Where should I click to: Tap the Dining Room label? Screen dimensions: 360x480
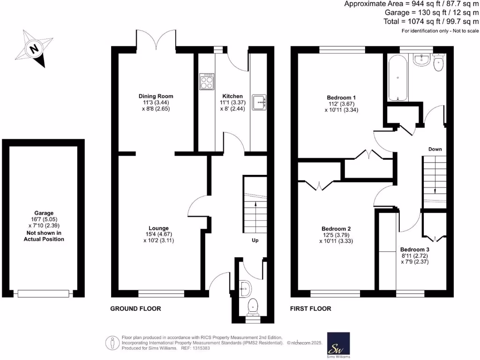point(153,96)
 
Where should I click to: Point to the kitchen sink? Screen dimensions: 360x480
point(259,102)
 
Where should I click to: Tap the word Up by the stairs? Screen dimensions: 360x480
point(255,240)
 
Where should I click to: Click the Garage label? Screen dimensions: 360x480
point(44,213)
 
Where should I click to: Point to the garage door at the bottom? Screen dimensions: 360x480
point(44,293)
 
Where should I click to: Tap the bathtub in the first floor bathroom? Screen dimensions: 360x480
point(397,77)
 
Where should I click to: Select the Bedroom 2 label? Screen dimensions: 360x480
point(336,229)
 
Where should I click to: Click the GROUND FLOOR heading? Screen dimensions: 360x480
point(135,308)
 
